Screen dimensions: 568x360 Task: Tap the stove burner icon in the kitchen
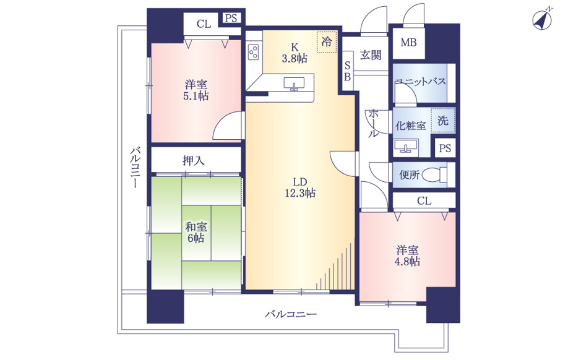(254, 51)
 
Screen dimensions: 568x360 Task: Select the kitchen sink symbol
(294, 84)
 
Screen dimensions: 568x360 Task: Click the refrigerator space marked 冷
(326, 41)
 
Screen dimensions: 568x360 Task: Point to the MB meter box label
(408, 43)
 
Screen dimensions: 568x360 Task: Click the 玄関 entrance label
(371, 55)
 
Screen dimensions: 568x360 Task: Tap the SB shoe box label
(347, 71)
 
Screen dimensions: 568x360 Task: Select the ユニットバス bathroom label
(421, 82)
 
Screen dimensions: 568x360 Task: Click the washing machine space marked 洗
(442, 120)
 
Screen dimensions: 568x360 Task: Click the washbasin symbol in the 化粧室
(406, 147)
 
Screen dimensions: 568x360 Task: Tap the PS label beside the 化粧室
(445, 148)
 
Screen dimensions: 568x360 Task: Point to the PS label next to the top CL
(231, 18)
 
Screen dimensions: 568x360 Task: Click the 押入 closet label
(194, 160)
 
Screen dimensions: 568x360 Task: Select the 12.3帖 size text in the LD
(300, 193)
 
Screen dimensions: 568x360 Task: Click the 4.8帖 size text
(407, 262)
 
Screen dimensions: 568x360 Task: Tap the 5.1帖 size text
(196, 96)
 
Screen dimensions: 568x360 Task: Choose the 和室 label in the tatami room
(196, 227)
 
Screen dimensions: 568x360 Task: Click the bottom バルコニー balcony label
(291, 314)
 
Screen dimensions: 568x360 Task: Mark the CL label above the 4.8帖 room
(424, 201)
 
